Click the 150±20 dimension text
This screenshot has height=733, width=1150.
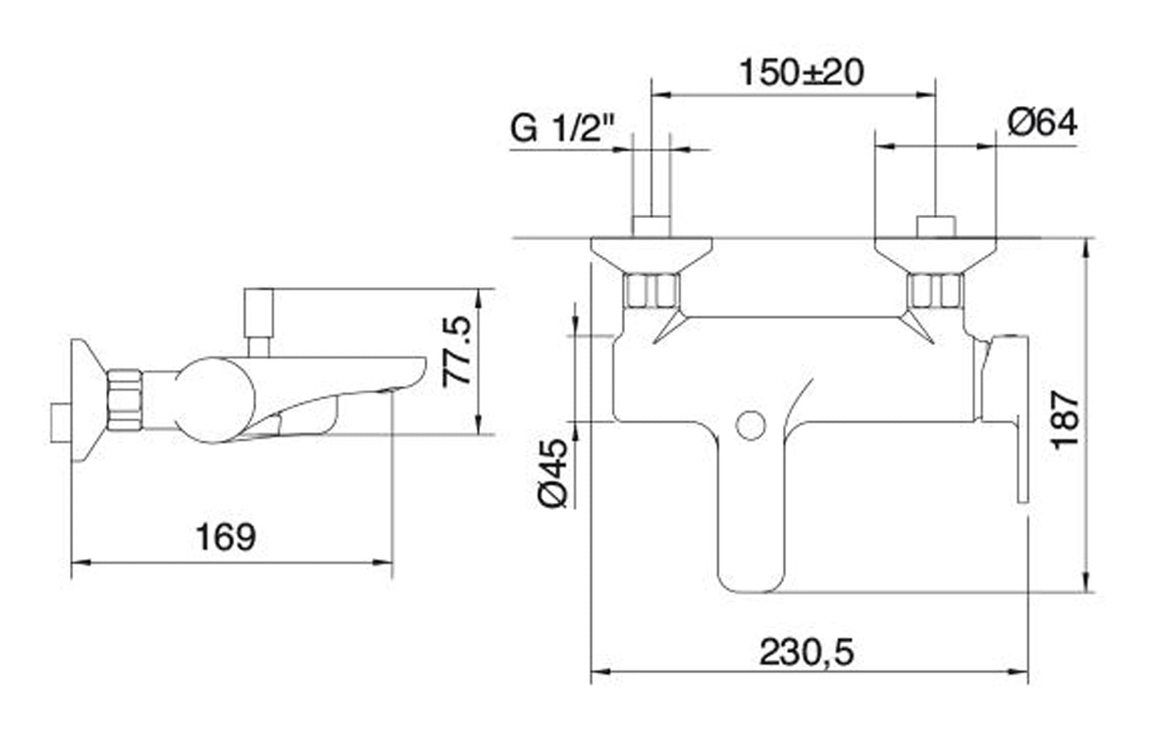pyautogui.click(x=802, y=72)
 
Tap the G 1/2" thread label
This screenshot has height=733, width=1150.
pyautogui.click(x=562, y=128)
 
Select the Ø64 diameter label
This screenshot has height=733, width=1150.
pyautogui.click(x=1042, y=123)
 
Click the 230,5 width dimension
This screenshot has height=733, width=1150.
pyautogui.click(x=806, y=652)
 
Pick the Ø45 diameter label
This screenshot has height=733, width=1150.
pyautogui.click(x=553, y=472)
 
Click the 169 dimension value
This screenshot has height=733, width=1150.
pyautogui.click(x=226, y=537)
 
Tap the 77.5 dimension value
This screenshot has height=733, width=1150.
pyautogui.click(x=457, y=352)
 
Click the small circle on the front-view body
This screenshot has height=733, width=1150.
pyautogui.click(x=751, y=426)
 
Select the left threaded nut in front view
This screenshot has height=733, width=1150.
pyautogui.click(x=652, y=291)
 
